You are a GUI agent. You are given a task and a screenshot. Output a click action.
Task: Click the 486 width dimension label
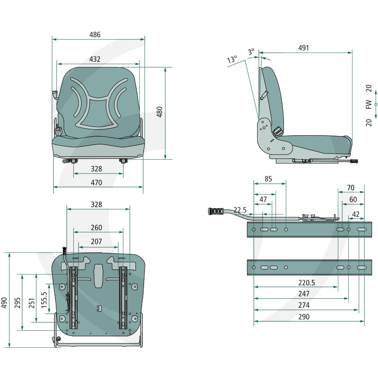(x=95, y=34)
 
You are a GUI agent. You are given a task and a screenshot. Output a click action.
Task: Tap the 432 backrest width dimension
(x=95, y=59)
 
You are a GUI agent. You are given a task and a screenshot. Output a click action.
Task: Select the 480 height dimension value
(x=160, y=112)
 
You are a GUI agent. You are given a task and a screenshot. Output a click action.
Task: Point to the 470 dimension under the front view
(x=96, y=182)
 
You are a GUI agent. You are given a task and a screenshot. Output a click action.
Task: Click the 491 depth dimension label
(x=303, y=48)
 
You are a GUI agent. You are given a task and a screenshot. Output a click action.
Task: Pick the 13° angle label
(x=232, y=59)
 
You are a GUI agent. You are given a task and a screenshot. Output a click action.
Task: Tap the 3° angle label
(x=251, y=52)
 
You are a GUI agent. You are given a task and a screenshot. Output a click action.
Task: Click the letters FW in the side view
(x=369, y=104)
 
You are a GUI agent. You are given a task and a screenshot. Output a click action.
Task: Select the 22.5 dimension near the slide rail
(x=240, y=210)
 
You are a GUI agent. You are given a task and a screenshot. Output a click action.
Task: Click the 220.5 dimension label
(x=307, y=283)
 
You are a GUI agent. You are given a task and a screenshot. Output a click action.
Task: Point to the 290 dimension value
(x=304, y=317)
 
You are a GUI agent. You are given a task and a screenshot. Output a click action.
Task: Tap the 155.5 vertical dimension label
(x=44, y=300)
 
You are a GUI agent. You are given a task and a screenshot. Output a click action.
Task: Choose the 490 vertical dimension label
(x=4, y=302)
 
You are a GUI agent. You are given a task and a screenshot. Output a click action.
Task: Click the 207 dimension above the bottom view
(x=96, y=241)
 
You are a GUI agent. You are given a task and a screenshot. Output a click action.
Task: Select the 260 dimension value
(x=96, y=228)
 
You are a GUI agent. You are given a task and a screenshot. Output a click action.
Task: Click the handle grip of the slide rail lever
(x=215, y=211)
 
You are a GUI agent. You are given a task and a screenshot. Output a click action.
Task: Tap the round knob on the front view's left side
(x=58, y=132)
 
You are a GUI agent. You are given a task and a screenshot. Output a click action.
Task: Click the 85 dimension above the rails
(x=268, y=179)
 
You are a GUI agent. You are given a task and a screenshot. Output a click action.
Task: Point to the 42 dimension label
(x=356, y=214)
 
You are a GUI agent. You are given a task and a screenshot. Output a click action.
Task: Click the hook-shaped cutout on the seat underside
(x=99, y=309)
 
